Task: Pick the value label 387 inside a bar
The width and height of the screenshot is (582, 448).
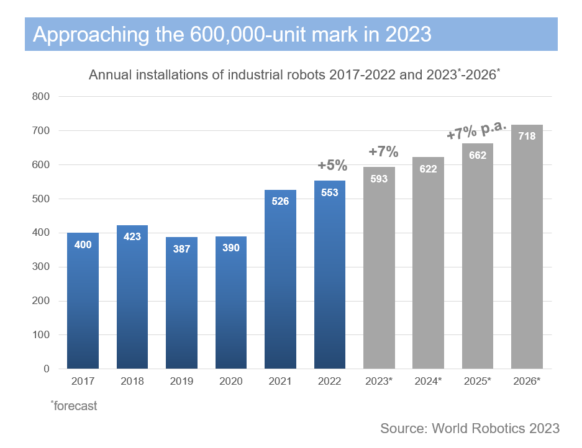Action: (x=181, y=248)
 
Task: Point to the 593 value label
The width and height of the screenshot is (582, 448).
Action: (x=379, y=179)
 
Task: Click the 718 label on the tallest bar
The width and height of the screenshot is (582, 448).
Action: (x=527, y=136)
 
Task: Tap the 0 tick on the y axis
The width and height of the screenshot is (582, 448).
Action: (x=46, y=369)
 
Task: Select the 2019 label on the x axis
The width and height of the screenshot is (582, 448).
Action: (x=181, y=382)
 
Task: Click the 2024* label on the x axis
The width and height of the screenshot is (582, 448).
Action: (x=428, y=382)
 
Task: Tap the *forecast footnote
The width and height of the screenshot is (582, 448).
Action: (x=74, y=406)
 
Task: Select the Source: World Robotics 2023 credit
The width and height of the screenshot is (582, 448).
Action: (x=470, y=428)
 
